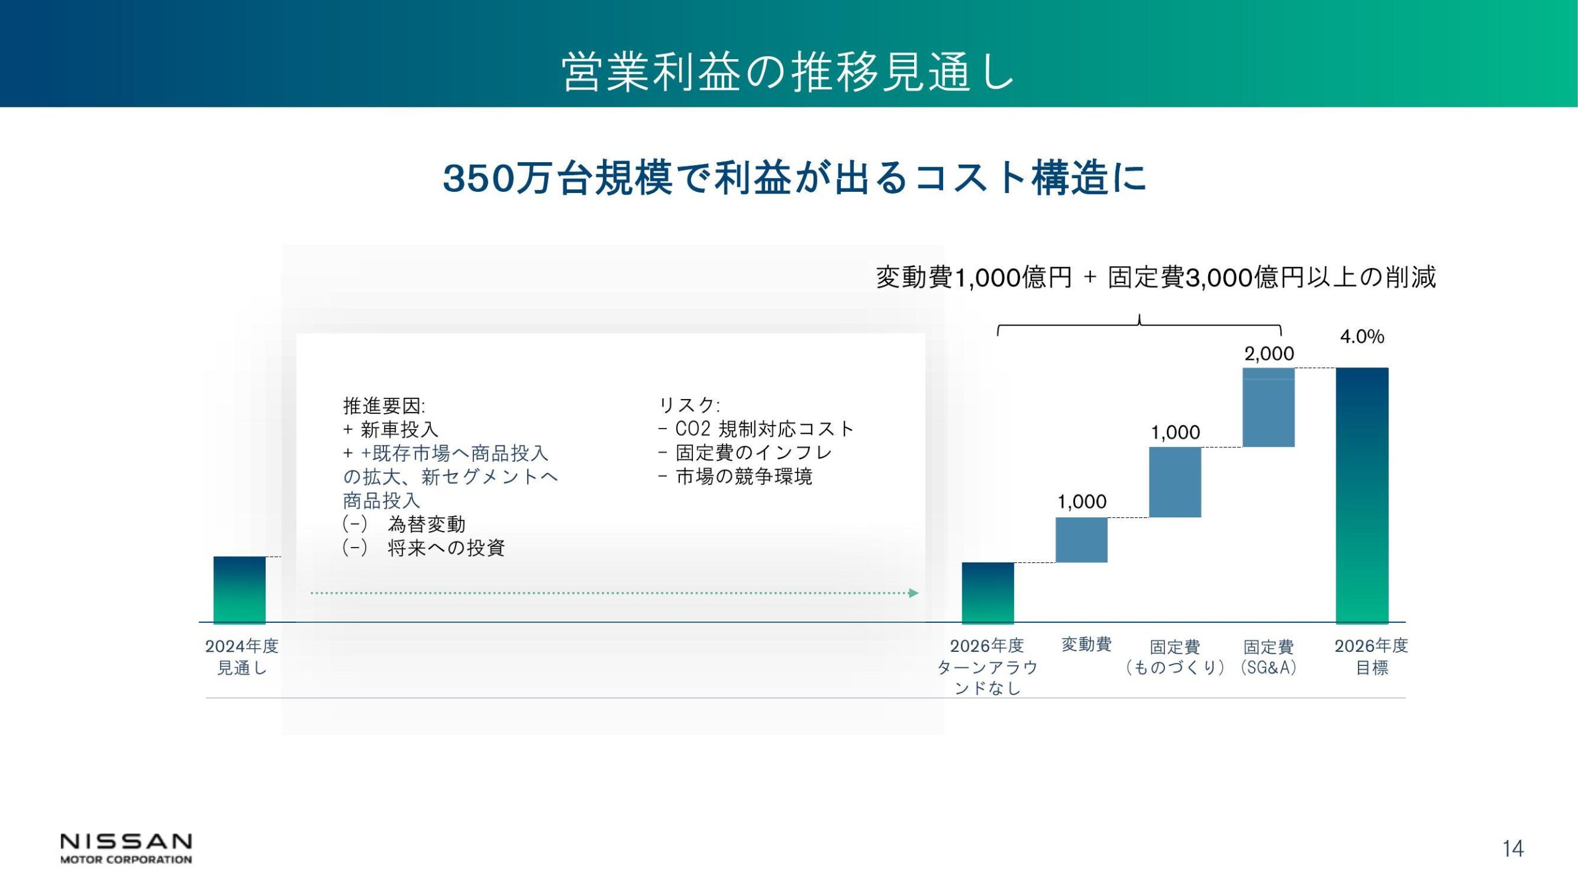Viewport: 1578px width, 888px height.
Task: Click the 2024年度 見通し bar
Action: (x=240, y=590)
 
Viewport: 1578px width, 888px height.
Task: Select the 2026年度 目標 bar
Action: (x=1362, y=496)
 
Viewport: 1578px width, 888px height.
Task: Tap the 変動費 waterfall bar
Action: (x=1082, y=540)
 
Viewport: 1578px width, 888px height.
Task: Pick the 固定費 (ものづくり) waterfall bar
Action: (x=1175, y=482)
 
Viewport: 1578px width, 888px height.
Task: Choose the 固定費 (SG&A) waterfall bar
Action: (x=1269, y=407)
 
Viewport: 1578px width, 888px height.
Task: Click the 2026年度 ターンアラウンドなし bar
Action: (x=988, y=593)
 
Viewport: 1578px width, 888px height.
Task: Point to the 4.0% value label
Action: (x=1362, y=337)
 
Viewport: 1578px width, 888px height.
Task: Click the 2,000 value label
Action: (x=1269, y=354)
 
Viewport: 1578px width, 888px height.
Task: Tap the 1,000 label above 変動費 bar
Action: (x=1082, y=502)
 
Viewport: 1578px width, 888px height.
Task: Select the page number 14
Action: (x=1513, y=849)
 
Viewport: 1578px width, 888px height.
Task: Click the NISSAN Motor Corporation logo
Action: (x=126, y=849)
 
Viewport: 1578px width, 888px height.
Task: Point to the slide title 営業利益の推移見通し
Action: (x=788, y=72)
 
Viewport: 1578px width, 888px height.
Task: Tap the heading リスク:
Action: (x=689, y=405)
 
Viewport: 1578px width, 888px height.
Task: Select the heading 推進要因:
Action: (x=384, y=406)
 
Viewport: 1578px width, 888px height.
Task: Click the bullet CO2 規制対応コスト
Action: (x=756, y=429)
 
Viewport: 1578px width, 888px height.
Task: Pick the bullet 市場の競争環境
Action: (x=735, y=476)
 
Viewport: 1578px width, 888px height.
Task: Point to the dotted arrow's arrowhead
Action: (x=914, y=593)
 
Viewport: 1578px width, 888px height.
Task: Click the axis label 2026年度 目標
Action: (x=1372, y=657)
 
